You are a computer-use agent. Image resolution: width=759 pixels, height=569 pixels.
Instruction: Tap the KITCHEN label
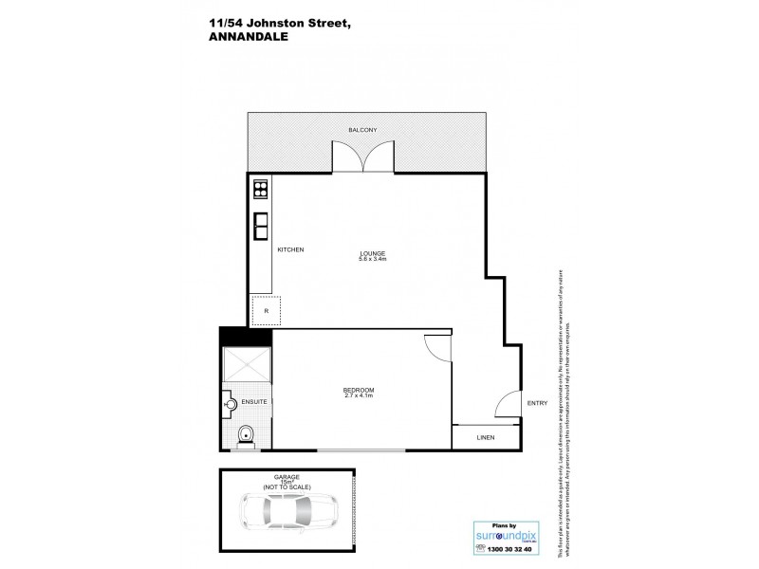[x=289, y=249]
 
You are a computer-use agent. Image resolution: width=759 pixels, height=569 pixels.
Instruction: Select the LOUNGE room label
[x=372, y=251]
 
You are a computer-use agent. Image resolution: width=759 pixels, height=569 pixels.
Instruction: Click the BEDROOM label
[x=359, y=390]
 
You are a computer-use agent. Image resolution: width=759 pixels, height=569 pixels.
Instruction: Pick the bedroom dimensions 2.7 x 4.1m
[x=359, y=396]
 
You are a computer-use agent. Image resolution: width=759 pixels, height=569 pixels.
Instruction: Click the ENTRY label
[x=537, y=404]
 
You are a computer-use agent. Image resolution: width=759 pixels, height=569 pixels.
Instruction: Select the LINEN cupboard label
[x=486, y=438]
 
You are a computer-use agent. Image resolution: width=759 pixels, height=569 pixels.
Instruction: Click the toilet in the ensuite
[x=245, y=436]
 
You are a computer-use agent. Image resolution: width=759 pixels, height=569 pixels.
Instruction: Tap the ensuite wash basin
[x=231, y=404]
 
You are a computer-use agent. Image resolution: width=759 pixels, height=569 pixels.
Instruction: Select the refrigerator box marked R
[x=266, y=310]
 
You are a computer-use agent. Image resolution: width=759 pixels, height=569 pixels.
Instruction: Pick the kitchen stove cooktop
[x=259, y=191]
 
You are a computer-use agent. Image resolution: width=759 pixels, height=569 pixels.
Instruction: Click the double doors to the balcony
[x=363, y=157]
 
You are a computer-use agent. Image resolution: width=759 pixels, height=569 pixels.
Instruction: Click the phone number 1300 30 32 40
[x=509, y=548]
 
